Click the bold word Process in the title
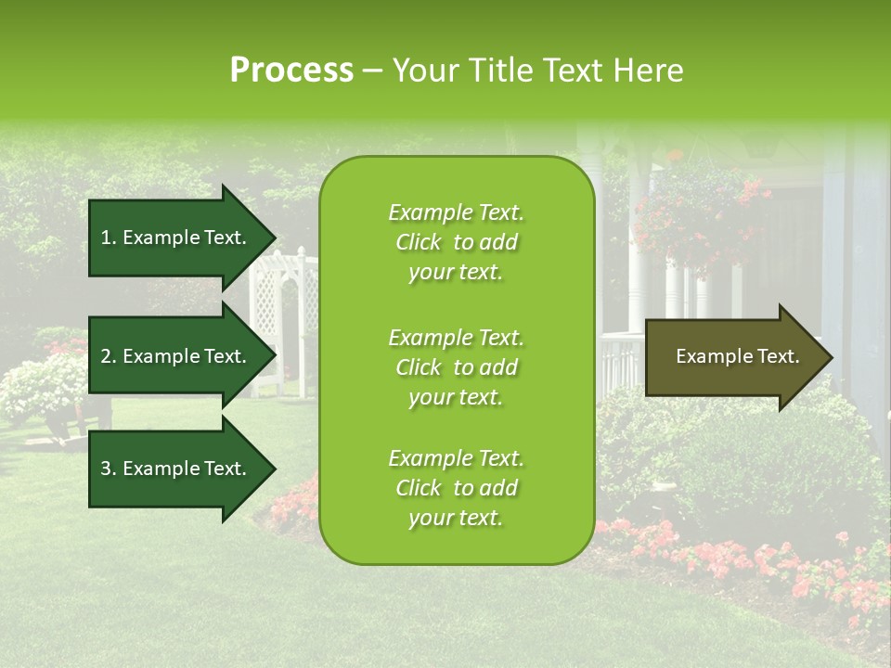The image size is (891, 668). pos(291,71)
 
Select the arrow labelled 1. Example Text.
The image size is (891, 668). pos(174,238)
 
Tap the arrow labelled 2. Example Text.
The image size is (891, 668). pos(174,356)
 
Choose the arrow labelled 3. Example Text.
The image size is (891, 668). pos(174,469)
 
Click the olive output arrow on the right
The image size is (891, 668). pos(733,357)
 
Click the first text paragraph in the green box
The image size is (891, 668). pos(456,242)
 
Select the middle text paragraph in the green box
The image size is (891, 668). pos(456,367)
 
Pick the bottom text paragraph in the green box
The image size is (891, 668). pos(456,488)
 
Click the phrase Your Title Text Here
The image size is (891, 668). pos(537,71)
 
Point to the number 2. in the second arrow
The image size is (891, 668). pos(109,356)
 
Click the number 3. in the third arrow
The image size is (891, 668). pos(109,469)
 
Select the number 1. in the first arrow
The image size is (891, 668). pos(109,238)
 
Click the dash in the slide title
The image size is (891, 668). pos(372,71)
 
